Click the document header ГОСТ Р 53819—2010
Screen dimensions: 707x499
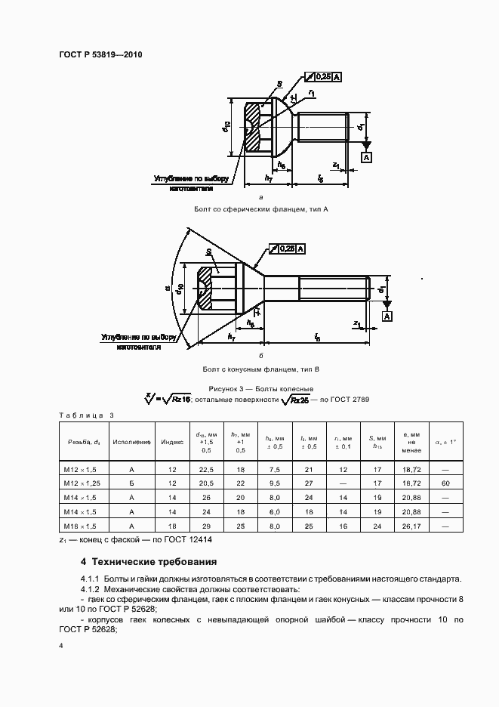pos(100,55)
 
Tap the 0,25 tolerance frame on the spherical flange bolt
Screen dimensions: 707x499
pos(322,77)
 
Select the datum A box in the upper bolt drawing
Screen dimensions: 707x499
pos(366,157)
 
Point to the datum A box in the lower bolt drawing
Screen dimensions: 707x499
pos(387,316)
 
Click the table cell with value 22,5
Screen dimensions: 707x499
pos(206,468)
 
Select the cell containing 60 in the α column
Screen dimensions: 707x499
pos(446,482)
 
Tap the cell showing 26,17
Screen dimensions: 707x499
pos(412,525)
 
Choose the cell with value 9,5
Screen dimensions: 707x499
pos(275,482)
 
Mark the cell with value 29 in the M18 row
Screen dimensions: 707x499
pos(206,525)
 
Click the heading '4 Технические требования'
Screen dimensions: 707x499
pos(149,562)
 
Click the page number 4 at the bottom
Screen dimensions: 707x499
pos(61,647)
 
